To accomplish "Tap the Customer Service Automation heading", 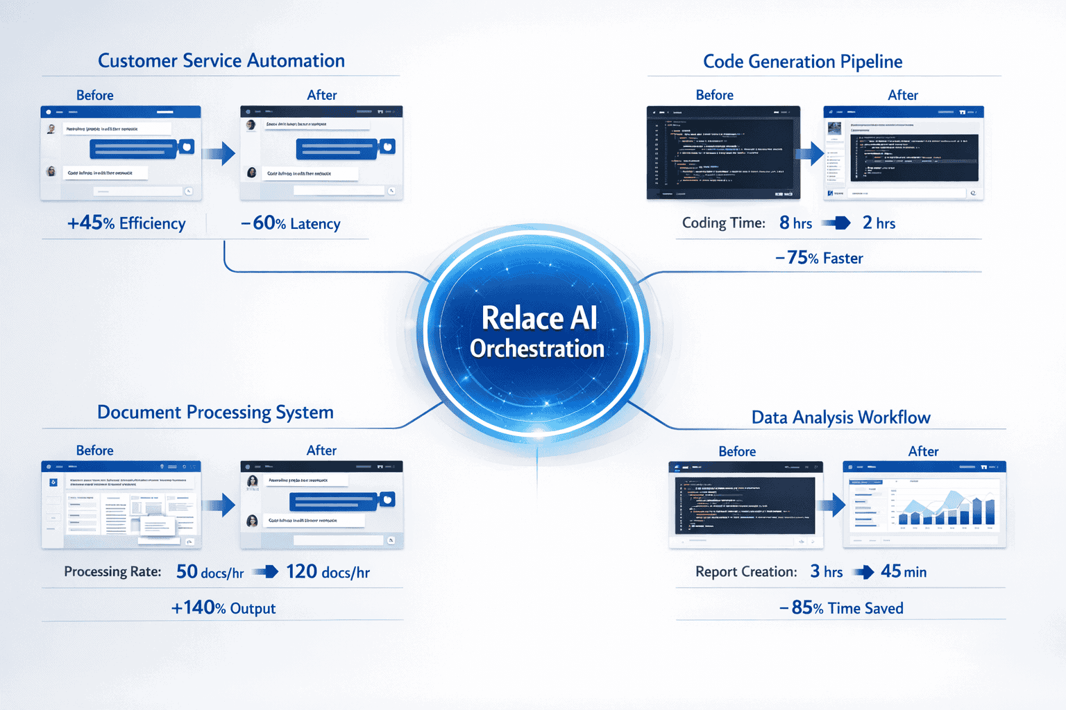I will (x=221, y=61).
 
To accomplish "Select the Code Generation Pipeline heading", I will (x=802, y=62).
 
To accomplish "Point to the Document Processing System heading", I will (x=215, y=413).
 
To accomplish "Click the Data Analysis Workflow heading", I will (x=840, y=417).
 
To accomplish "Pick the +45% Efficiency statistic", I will (x=126, y=223).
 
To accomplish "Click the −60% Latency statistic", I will (x=291, y=223).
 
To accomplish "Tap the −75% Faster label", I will (x=819, y=258).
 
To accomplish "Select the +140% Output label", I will (x=223, y=608).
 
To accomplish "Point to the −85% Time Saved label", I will (x=841, y=608).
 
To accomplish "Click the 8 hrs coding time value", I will (x=795, y=223).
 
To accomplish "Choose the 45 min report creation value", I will (x=904, y=572).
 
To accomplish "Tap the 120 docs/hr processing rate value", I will (x=328, y=572).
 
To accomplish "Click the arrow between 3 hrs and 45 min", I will (x=863, y=572).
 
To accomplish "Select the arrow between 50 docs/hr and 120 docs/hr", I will (x=265, y=572).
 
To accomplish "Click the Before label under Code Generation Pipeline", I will (x=714, y=95).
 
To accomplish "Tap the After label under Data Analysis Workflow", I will (x=923, y=451).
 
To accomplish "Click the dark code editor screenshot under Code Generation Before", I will (x=723, y=153).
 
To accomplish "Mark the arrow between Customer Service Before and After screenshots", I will (x=220, y=153).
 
